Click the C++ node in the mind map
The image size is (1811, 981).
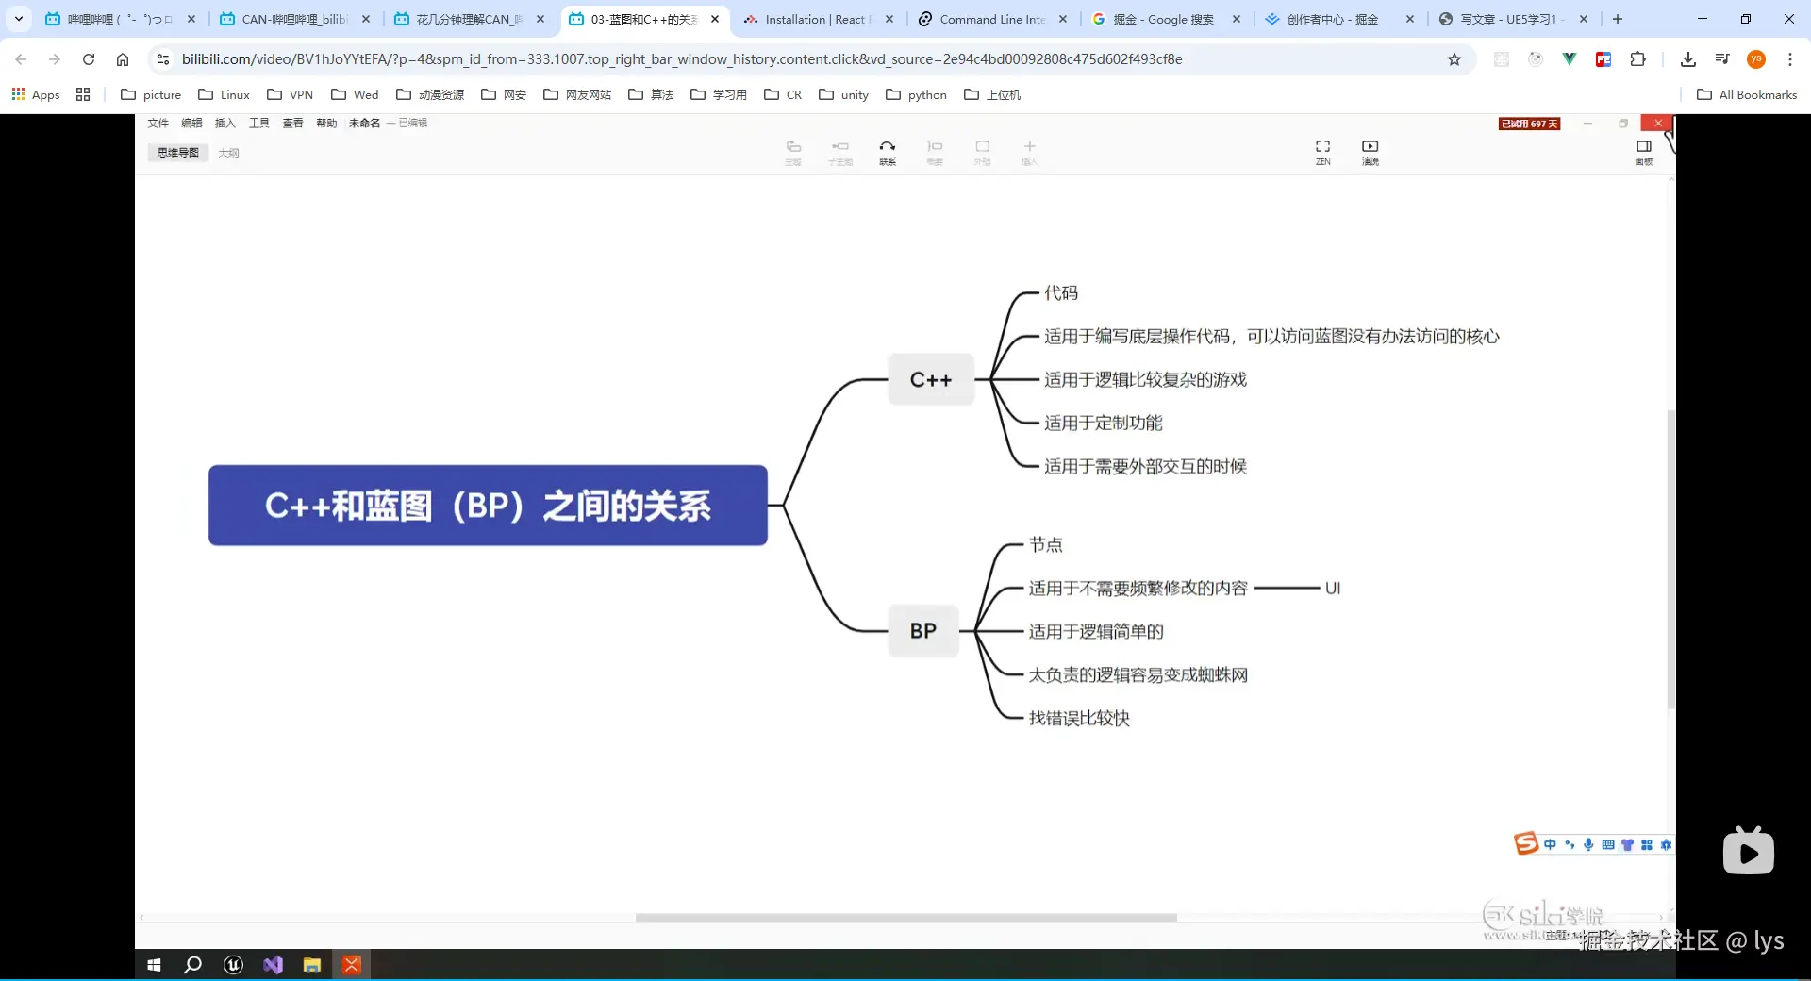point(930,379)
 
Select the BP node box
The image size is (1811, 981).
point(923,631)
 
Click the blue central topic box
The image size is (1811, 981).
point(488,506)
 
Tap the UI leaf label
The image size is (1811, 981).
point(1332,588)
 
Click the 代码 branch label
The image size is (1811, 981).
point(1060,293)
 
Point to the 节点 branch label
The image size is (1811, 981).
point(1045,544)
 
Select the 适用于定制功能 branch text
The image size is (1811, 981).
point(1103,423)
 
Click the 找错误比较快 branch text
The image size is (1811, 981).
point(1079,718)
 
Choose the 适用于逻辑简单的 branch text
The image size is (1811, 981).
point(1096,631)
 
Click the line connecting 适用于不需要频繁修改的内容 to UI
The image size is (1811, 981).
point(1287,588)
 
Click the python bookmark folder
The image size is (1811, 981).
point(916,94)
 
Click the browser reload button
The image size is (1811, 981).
point(89,59)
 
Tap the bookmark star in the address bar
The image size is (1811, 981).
point(1454,59)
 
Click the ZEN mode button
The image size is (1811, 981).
point(1322,151)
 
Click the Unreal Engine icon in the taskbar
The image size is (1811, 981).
point(234,965)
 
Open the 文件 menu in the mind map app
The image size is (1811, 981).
point(158,124)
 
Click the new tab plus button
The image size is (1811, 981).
point(1618,19)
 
